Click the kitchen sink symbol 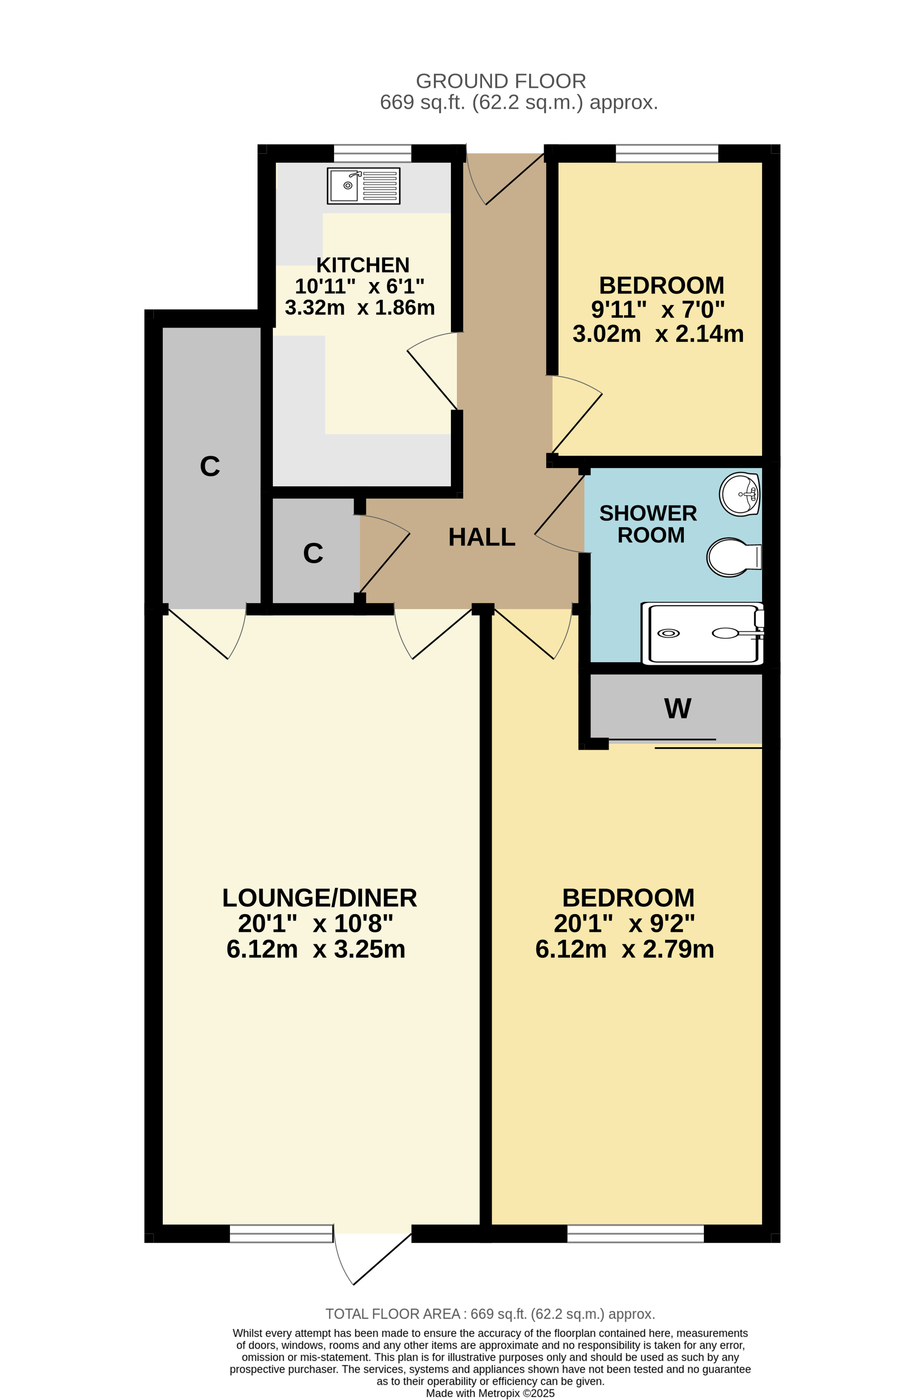[x=363, y=185]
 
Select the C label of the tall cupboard [x=210, y=466]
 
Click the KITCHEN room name [x=363, y=265]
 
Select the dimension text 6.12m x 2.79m [x=625, y=950]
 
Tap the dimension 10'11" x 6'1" [x=360, y=286]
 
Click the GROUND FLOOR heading [x=501, y=81]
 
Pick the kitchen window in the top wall [x=373, y=153]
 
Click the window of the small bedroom [x=667, y=153]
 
